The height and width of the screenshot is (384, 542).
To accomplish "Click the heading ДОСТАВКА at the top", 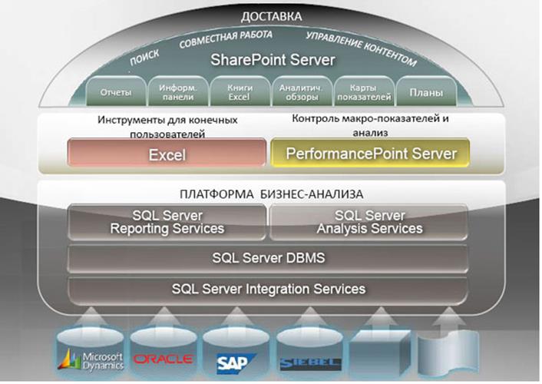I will pyautogui.click(x=271, y=16).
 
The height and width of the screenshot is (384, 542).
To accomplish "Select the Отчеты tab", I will pyautogui.click(x=116, y=93).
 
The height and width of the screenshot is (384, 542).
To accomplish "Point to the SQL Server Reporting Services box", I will pyautogui.click(x=167, y=222).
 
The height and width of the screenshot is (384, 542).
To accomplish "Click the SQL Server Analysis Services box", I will pyautogui.click(x=368, y=222).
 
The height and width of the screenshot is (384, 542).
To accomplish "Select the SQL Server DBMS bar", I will pyautogui.click(x=268, y=257).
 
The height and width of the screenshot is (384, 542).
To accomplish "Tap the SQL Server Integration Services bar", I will pyautogui.click(x=268, y=289).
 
